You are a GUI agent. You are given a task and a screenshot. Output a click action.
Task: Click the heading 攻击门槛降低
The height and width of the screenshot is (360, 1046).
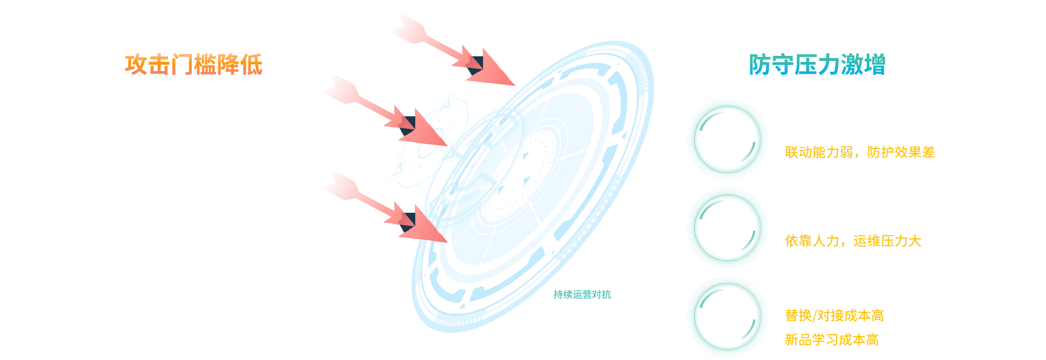click(x=193, y=65)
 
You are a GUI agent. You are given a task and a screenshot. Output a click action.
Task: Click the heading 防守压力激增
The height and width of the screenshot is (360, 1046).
click(x=817, y=65)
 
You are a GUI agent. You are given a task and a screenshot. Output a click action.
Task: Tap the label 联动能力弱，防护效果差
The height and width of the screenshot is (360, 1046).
click(x=860, y=152)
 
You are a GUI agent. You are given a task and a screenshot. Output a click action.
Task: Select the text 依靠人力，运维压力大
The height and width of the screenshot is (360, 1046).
click(x=853, y=241)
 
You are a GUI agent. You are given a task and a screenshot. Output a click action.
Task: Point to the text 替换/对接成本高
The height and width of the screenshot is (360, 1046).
click(x=834, y=316)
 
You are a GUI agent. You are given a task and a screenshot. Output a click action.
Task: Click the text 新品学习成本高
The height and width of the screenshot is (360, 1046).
click(x=831, y=340)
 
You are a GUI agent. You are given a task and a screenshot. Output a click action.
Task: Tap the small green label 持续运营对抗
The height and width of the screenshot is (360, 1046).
click(x=582, y=294)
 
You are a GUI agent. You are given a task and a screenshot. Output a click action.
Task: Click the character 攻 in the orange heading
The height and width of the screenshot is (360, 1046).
click(x=136, y=65)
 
